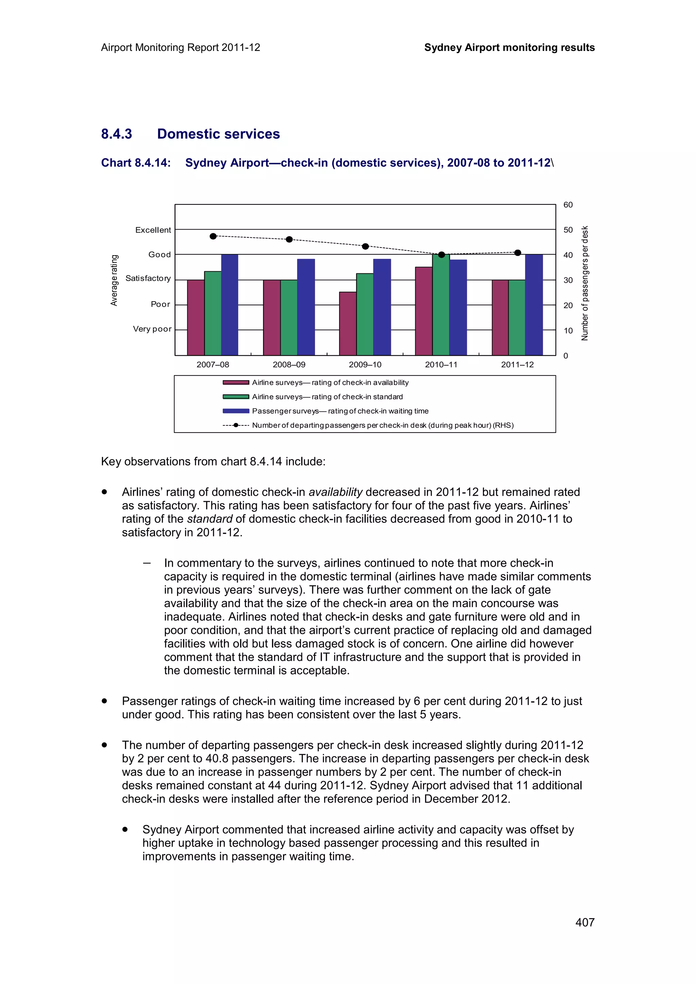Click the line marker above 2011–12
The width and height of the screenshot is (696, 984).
coord(517,253)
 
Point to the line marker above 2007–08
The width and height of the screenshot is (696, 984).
coord(213,236)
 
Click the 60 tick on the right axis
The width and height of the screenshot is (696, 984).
coord(568,205)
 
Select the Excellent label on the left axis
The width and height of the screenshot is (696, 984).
coord(153,230)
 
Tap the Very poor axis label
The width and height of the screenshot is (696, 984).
coord(152,329)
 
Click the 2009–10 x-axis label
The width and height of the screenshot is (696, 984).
coord(365,365)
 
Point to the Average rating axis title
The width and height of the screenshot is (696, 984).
coord(114,280)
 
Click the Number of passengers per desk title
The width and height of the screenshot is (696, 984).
coord(585,283)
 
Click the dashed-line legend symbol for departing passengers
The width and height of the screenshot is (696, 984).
coord(236,425)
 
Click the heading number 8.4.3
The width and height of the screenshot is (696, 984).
coord(116,134)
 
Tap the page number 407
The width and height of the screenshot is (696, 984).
coord(585,922)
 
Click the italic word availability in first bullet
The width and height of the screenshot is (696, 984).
coord(335,492)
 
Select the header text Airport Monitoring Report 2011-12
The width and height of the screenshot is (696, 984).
coord(180,48)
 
